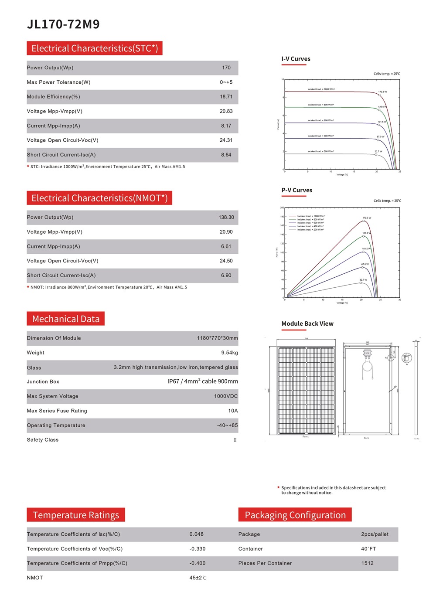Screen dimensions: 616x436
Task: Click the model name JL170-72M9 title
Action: (x=63, y=24)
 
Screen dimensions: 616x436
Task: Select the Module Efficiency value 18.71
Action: (x=226, y=97)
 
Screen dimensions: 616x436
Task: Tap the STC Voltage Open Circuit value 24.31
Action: (x=226, y=140)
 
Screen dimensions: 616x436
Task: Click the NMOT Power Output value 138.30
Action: (x=226, y=218)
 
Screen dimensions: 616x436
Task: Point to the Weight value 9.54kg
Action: (x=229, y=353)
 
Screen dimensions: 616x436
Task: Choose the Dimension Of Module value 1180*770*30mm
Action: (x=217, y=338)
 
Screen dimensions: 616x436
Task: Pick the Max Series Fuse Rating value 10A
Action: (x=233, y=411)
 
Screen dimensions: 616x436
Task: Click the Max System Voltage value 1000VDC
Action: (x=226, y=396)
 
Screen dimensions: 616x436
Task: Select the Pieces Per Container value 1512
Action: (x=367, y=563)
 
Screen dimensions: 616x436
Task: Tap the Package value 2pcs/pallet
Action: (x=375, y=534)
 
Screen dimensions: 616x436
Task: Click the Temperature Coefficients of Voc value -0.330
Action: (x=197, y=549)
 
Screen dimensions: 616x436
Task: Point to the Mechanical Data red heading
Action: (x=66, y=319)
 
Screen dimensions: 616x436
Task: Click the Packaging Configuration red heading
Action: (x=295, y=515)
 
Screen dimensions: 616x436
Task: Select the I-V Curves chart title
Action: (x=296, y=59)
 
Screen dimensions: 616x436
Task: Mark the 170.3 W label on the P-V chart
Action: (x=367, y=218)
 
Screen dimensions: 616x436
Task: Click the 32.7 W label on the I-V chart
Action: (x=378, y=151)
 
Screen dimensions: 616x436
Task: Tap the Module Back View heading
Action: (x=307, y=323)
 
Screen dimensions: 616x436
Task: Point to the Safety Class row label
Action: (x=43, y=440)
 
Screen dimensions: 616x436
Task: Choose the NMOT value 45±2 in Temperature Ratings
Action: (x=198, y=578)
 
